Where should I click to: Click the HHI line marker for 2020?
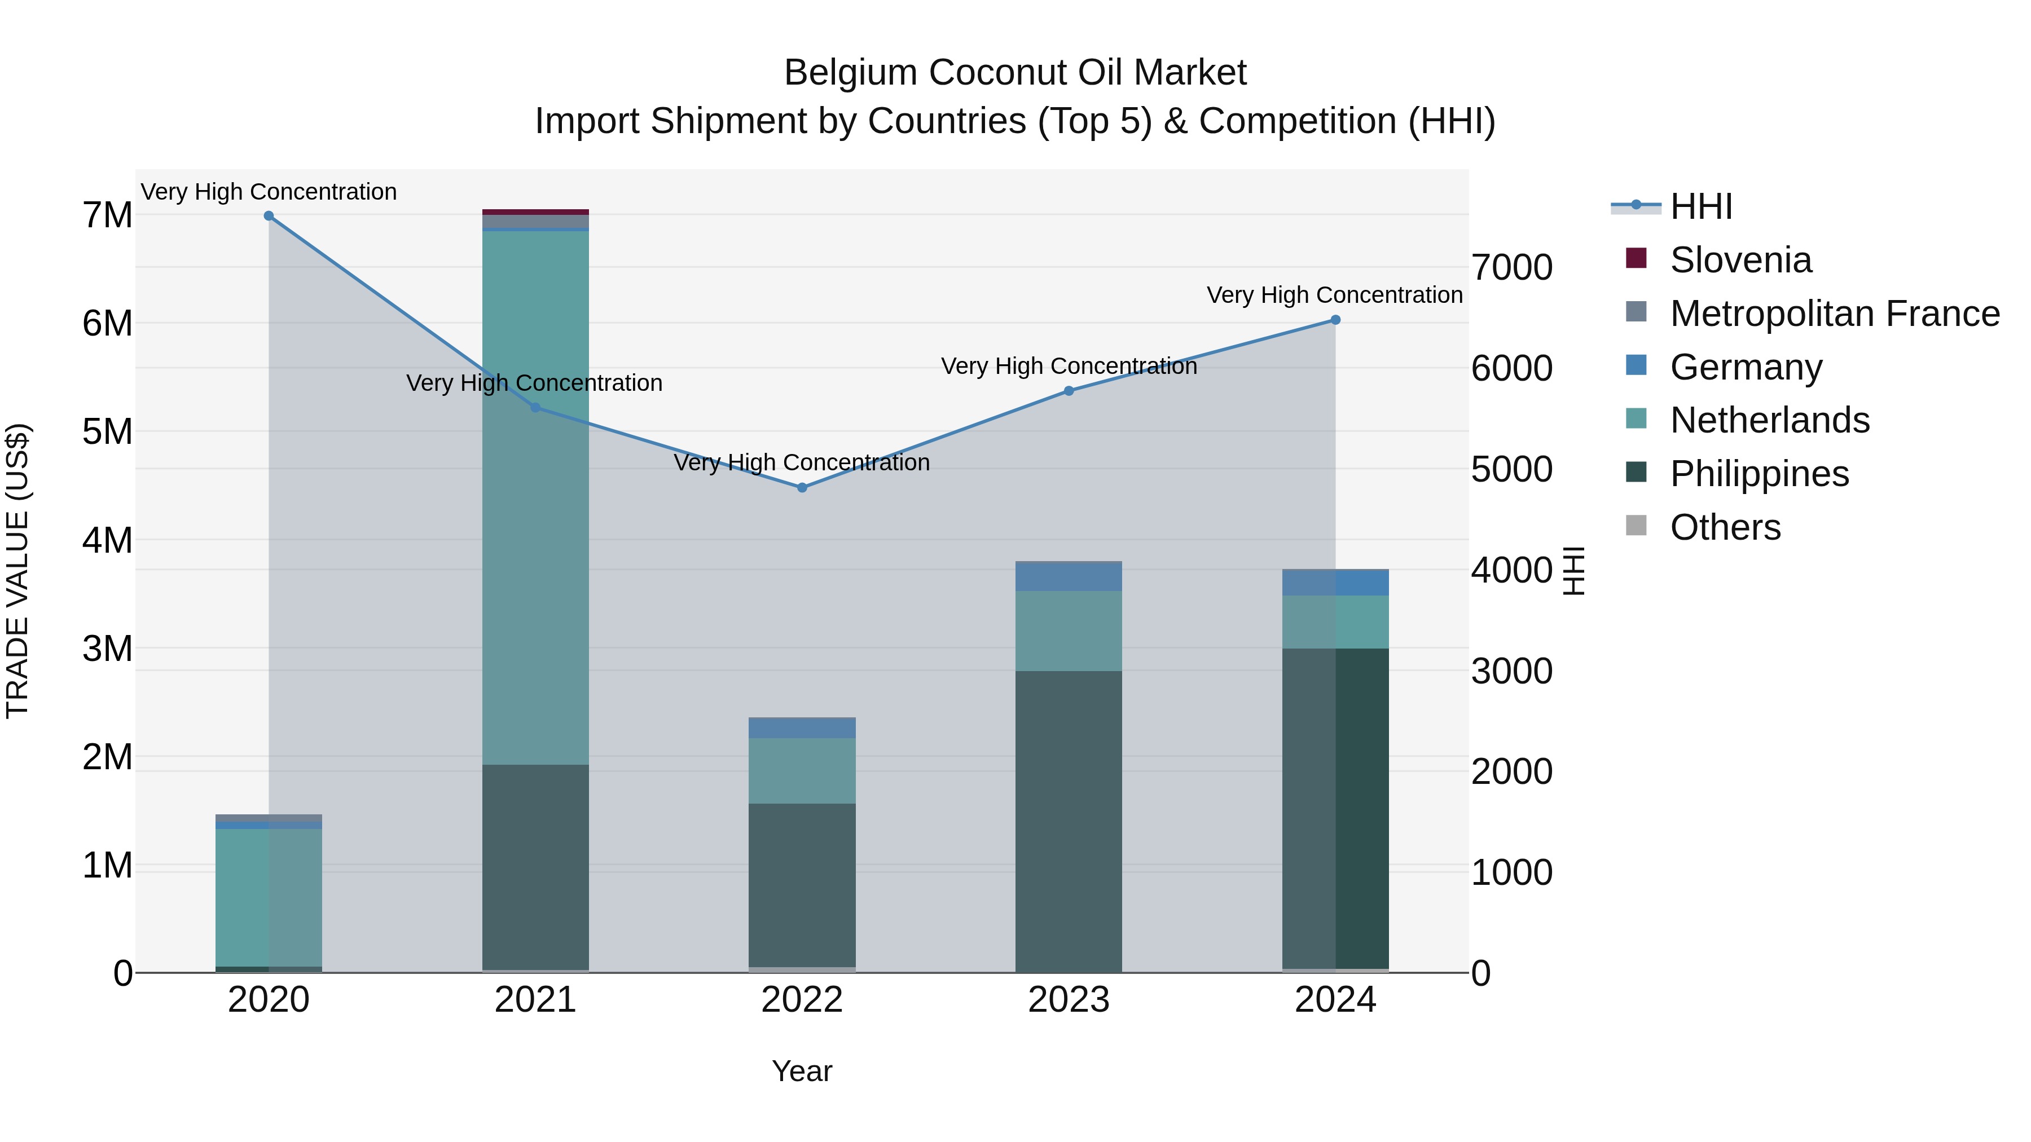click(x=269, y=216)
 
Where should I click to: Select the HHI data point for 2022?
click(x=802, y=488)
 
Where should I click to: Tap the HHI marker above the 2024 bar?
click(x=1335, y=320)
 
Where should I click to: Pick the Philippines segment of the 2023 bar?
click(x=1069, y=819)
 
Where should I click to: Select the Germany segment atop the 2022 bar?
click(x=802, y=727)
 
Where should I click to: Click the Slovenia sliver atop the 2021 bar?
click(x=535, y=212)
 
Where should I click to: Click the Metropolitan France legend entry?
click(x=1834, y=314)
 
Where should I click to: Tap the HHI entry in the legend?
click(x=1700, y=206)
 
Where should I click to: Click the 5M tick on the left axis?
click(x=107, y=432)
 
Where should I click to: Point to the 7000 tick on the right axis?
click(x=1511, y=267)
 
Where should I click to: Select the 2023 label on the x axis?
click(x=1069, y=1000)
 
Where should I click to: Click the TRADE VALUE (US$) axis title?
click(x=17, y=571)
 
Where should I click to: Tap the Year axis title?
click(x=802, y=1071)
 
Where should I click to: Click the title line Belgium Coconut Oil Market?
click(x=1015, y=73)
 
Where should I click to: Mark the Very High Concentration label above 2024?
click(x=1334, y=295)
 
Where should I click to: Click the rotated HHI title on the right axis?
click(x=1573, y=571)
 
